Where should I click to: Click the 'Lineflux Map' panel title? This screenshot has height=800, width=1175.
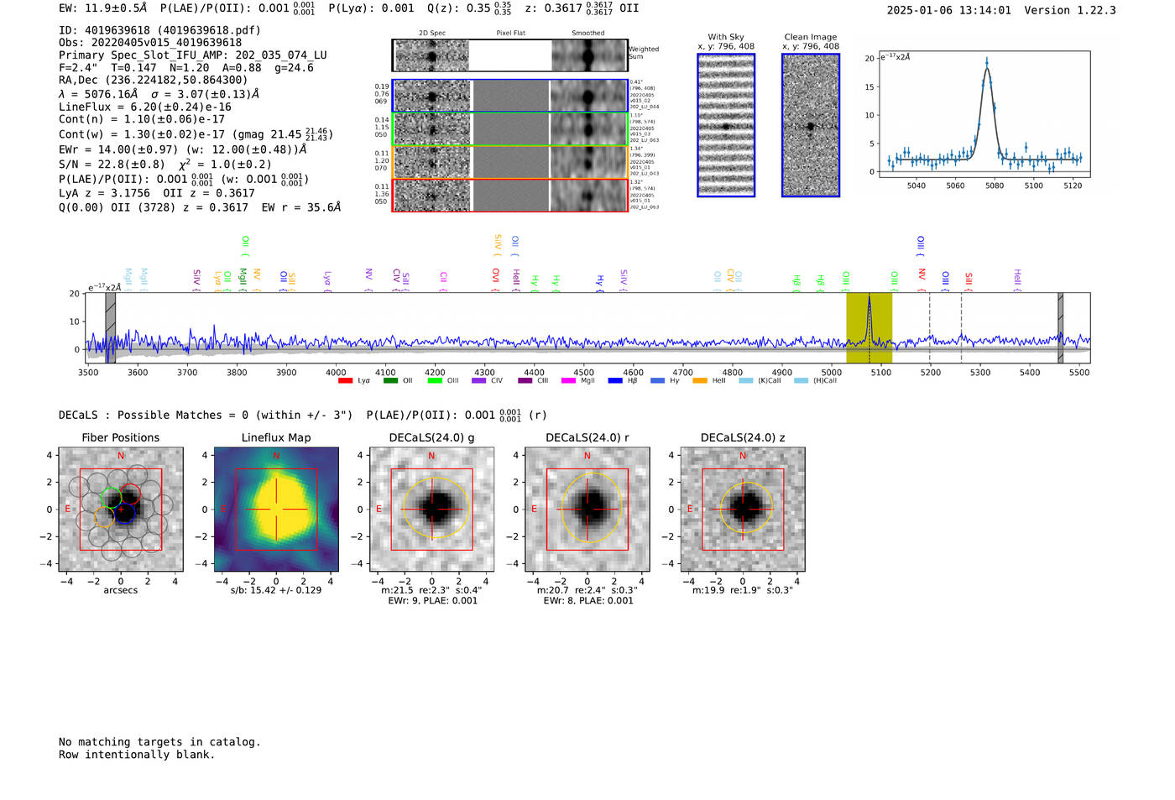click(276, 437)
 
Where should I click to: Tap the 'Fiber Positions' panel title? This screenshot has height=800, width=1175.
click(121, 437)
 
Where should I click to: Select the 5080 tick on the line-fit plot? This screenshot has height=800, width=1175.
click(995, 186)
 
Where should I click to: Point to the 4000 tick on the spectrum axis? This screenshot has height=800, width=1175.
click(336, 373)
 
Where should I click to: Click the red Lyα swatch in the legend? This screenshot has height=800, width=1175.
click(345, 381)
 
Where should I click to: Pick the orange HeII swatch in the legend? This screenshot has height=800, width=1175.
click(700, 381)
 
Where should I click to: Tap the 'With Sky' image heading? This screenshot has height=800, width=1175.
click(726, 37)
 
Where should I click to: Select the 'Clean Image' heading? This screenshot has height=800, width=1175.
click(811, 37)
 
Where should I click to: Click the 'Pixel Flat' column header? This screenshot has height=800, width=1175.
click(510, 34)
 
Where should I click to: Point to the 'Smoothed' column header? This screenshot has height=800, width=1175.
click(587, 34)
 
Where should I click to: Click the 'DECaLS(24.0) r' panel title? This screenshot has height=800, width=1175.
click(587, 437)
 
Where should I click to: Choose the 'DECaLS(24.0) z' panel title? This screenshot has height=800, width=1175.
click(742, 437)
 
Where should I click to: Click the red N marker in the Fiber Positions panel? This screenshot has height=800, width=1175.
click(121, 456)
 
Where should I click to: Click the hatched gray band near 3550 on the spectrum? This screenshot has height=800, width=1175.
click(110, 327)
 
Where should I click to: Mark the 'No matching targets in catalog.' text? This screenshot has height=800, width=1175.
click(159, 742)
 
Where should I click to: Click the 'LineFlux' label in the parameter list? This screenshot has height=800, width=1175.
click(85, 107)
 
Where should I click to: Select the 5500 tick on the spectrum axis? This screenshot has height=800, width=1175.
click(1080, 373)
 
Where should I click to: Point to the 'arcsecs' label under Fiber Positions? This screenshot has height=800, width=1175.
click(121, 590)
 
